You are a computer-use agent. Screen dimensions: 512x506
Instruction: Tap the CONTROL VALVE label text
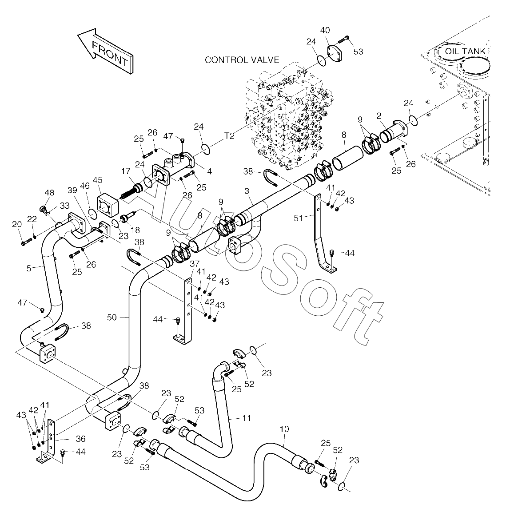pyautogui.click(x=242, y=60)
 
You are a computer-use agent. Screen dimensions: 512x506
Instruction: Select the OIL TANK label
pyautogui.click(x=465, y=51)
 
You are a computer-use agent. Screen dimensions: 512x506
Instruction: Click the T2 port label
pyautogui.click(x=229, y=136)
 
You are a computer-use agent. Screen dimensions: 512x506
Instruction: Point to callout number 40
pyautogui.click(x=325, y=30)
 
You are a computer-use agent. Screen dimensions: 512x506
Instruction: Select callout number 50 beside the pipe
pyautogui.click(x=112, y=317)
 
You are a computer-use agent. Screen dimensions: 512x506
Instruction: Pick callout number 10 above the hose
pyautogui.click(x=284, y=429)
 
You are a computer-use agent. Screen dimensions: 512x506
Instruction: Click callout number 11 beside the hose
pyautogui.click(x=247, y=418)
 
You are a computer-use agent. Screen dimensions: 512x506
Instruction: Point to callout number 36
pyautogui.click(x=80, y=439)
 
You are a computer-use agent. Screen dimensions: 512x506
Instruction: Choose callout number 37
pyautogui.click(x=194, y=264)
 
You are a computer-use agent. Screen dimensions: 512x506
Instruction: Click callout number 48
pyautogui.click(x=49, y=193)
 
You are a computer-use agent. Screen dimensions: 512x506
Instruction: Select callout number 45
pyautogui.click(x=98, y=180)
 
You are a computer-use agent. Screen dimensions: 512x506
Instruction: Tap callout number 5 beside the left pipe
pyautogui.click(x=29, y=268)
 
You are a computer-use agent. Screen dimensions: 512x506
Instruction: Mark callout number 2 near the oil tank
pyautogui.click(x=379, y=116)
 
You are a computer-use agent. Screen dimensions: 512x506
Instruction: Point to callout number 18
pyautogui.click(x=136, y=230)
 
